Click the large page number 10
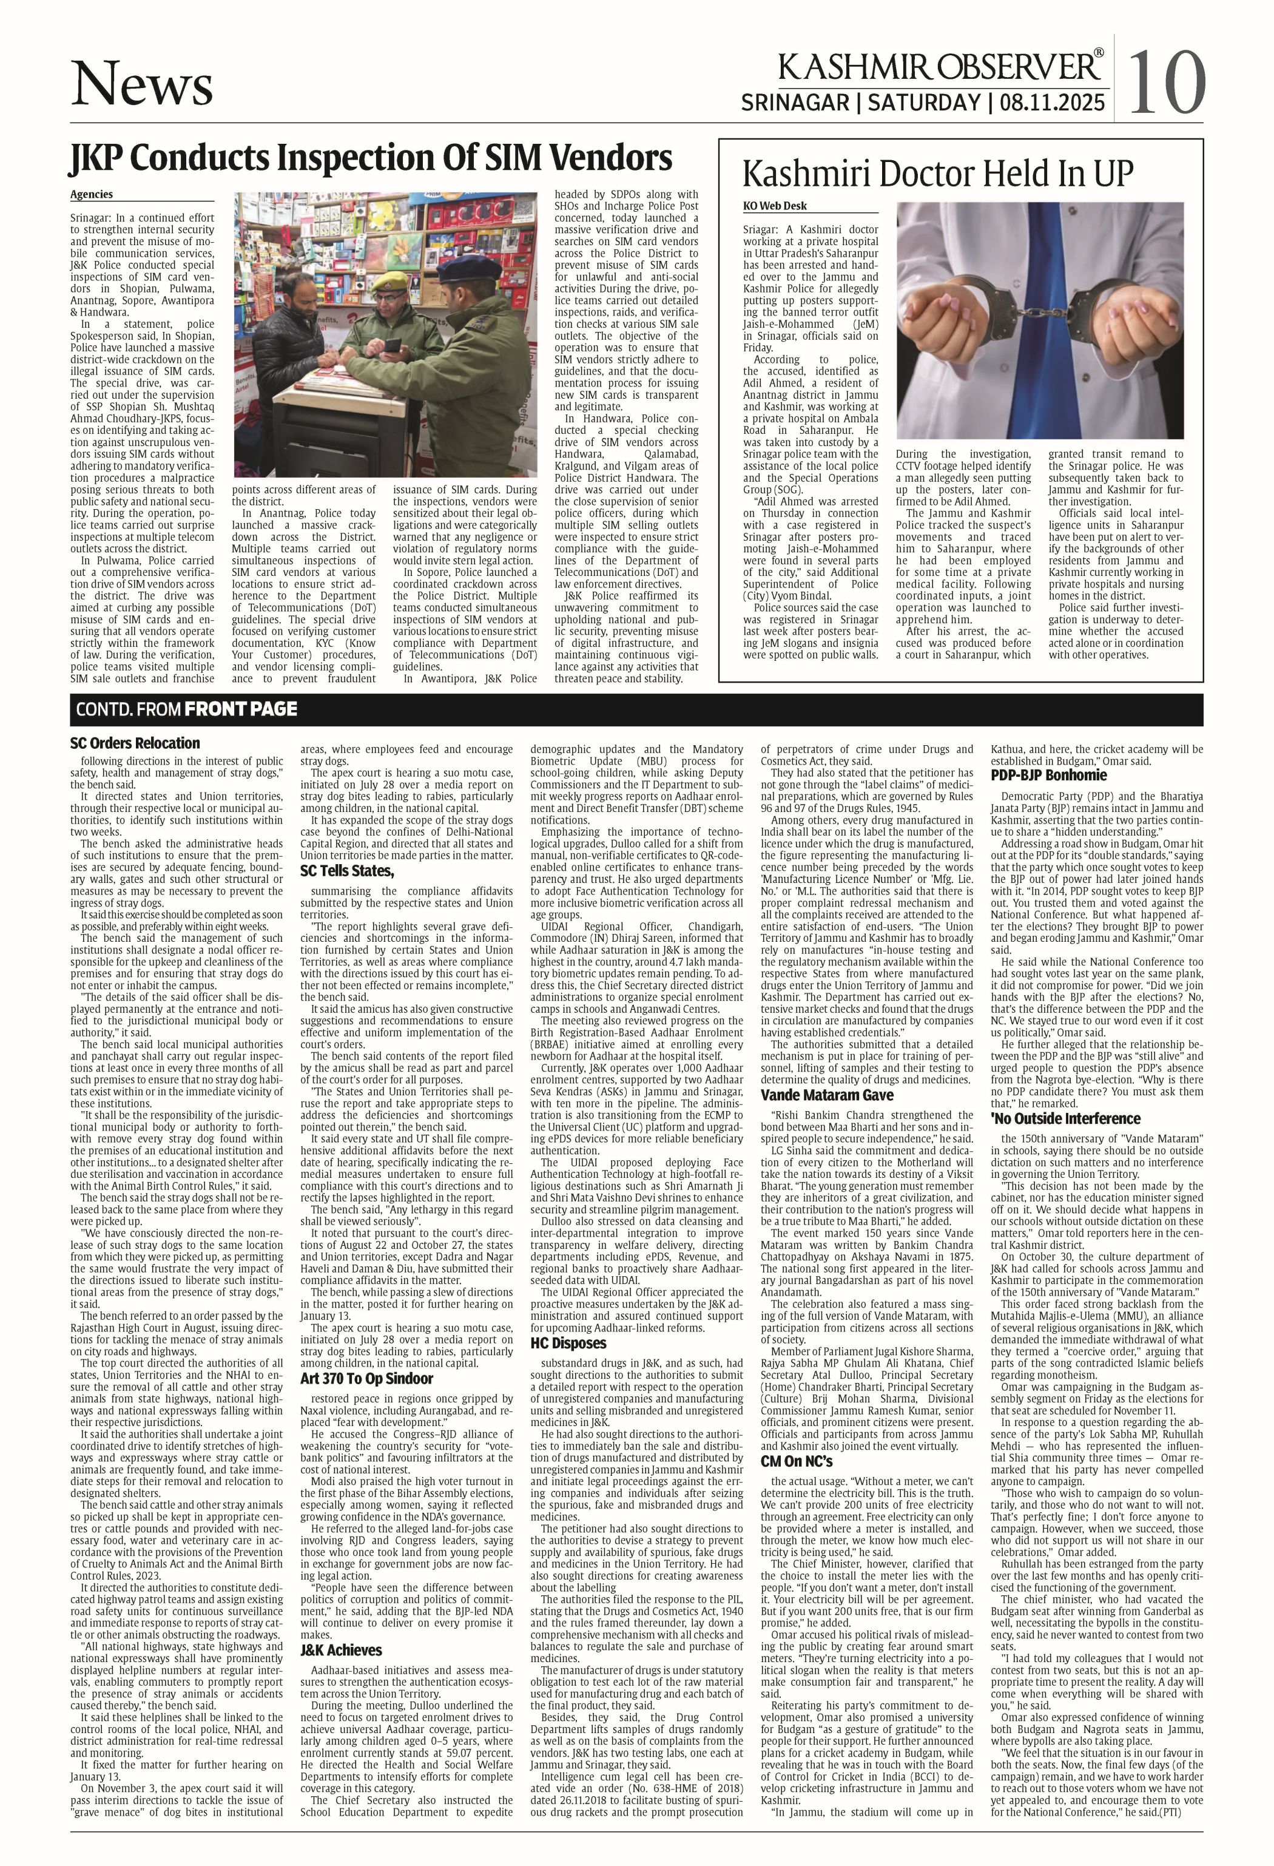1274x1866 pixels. pyautogui.click(x=1168, y=83)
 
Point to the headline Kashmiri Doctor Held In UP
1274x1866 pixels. pyautogui.click(x=938, y=174)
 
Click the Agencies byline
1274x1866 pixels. pyautogui.click(x=92, y=194)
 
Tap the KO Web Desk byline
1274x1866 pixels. pyautogui.click(x=775, y=206)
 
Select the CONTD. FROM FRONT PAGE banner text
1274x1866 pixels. pyautogui.click(x=186, y=709)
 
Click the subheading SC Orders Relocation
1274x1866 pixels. pyautogui.click(x=135, y=743)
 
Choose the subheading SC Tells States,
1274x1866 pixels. pyautogui.click(x=347, y=871)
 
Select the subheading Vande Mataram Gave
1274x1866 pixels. pyautogui.click(x=827, y=1095)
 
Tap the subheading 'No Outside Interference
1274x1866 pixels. pyautogui.click(x=1065, y=1118)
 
